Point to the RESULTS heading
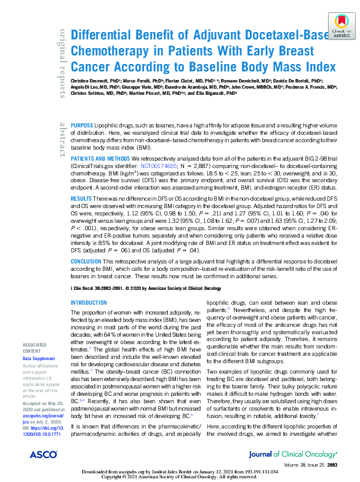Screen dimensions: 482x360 (82, 199)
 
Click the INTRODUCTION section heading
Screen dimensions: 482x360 (89, 303)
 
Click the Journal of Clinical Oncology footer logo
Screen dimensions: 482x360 (295, 454)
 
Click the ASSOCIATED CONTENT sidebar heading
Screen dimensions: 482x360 (36, 348)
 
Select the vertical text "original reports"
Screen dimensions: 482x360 (62, 62)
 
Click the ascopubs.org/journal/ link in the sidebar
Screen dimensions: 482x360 (39, 415)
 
